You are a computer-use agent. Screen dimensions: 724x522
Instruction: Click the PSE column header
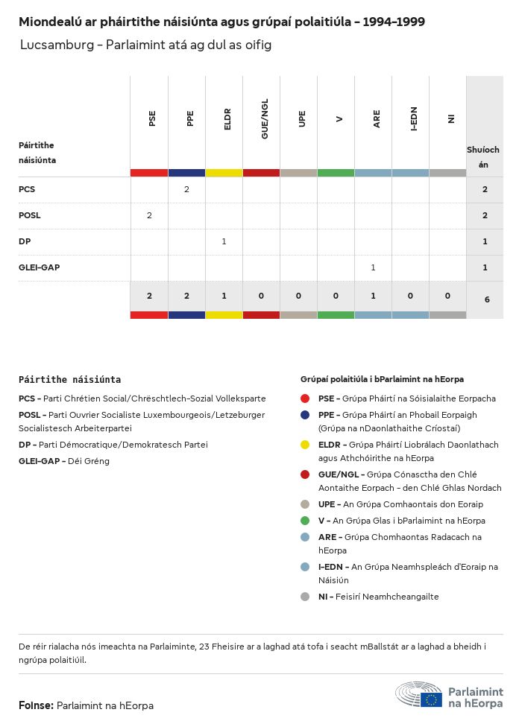click(152, 118)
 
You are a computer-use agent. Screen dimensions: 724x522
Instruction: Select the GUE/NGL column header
click(265, 118)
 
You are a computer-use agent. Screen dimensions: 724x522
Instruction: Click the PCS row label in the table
click(27, 189)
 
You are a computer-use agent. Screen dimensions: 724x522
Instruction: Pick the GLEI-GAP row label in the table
click(38, 267)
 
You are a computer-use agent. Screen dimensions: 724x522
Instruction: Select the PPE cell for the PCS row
click(186, 189)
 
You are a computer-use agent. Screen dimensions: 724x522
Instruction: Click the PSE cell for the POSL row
click(149, 215)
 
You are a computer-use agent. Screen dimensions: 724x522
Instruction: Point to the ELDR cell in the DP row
click(224, 241)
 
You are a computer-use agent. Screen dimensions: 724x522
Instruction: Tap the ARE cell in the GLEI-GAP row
click(373, 267)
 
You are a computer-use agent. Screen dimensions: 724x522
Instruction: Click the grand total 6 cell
click(486, 299)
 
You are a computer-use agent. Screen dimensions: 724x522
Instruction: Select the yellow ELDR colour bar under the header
click(224, 173)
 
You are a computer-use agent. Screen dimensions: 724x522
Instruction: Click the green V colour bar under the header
click(336, 173)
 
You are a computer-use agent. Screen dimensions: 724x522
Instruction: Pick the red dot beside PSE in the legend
click(305, 398)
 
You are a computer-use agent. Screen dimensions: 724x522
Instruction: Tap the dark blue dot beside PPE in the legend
click(305, 415)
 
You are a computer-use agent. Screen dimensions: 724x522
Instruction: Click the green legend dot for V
click(305, 521)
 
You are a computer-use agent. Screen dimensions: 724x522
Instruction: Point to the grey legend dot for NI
click(305, 597)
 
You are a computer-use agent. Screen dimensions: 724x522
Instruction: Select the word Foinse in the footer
click(35, 705)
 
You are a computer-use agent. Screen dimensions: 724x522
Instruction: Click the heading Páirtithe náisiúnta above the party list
click(69, 379)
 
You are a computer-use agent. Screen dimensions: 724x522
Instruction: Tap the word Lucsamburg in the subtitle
click(54, 45)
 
